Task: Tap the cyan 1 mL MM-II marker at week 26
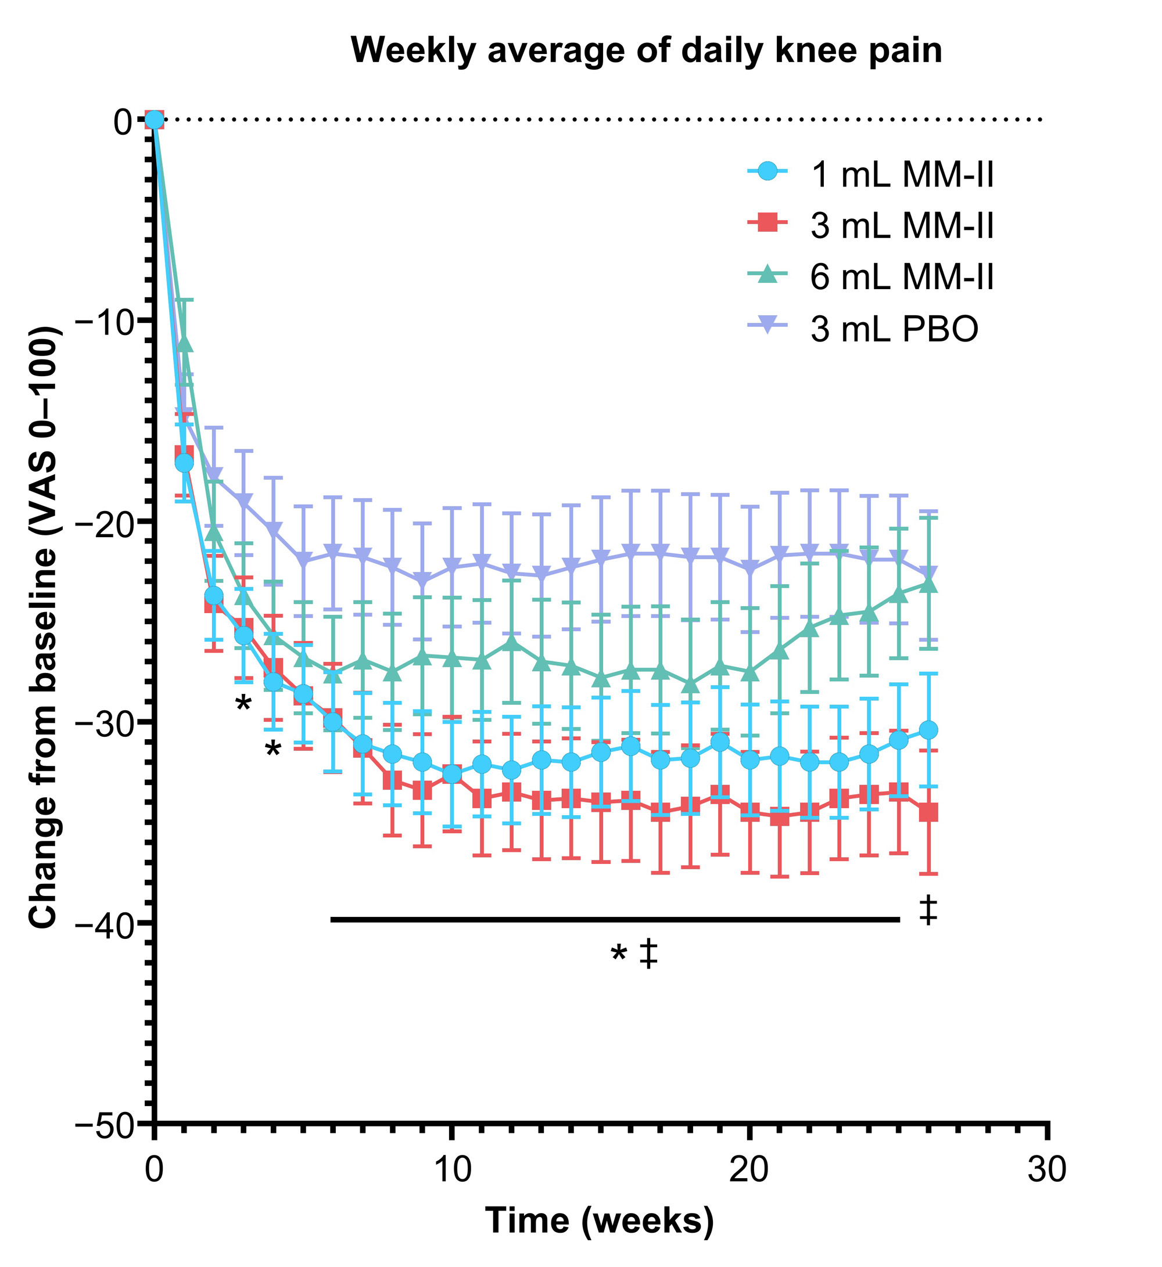pos(928,730)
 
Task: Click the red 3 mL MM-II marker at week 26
pos(928,812)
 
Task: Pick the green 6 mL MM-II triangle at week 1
pos(184,343)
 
